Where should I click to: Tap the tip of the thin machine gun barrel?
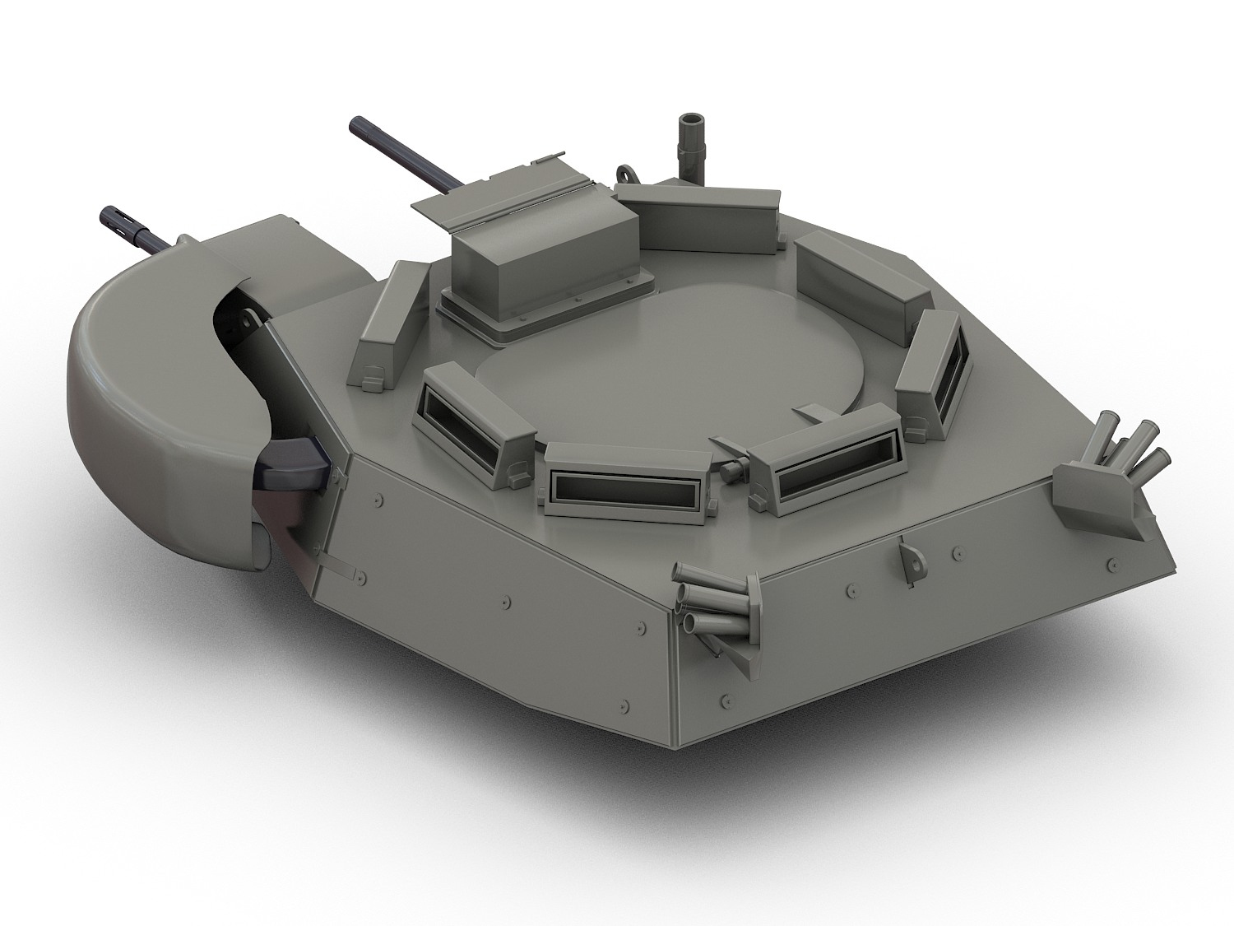pos(357,124)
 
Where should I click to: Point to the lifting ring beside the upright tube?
pos(627,175)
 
